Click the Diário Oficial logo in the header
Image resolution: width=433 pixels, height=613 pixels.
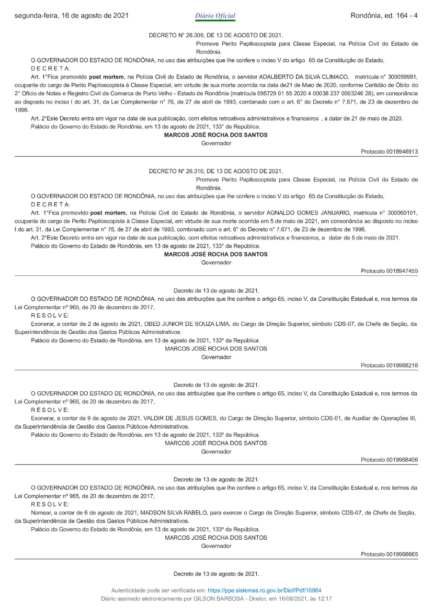(x=216, y=16)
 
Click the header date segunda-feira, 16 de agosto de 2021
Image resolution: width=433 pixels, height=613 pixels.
(x=71, y=16)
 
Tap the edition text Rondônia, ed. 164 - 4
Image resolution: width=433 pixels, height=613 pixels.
(x=384, y=16)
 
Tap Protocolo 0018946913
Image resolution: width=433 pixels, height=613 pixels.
(x=389, y=152)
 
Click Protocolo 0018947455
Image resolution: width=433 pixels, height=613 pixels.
(x=389, y=271)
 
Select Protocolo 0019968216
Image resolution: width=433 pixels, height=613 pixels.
(x=389, y=365)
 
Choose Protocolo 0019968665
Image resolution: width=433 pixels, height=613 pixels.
(x=389, y=554)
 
